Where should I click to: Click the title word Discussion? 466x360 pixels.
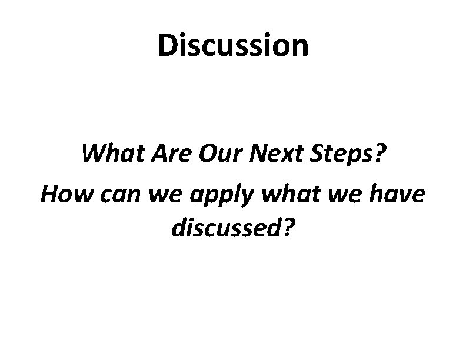[232, 46]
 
